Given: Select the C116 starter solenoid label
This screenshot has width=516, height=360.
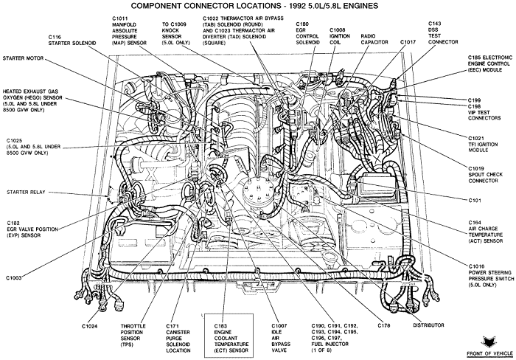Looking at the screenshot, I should pos(69,41).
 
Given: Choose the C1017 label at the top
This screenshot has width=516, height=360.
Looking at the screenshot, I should pos(408,42).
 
